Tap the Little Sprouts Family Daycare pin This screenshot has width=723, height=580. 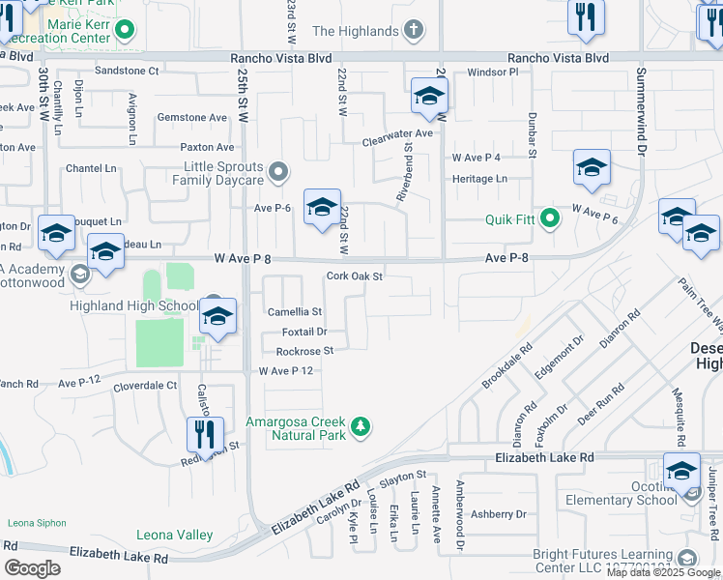coord(279,173)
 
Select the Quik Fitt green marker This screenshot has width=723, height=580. coord(550,218)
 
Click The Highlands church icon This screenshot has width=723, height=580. coord(414,31)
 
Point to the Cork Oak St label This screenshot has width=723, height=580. coord(355,276)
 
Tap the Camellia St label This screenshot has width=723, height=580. coord(294,312)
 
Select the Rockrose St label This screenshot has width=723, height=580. coord(304,351)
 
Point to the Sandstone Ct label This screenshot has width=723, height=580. coord(127,71)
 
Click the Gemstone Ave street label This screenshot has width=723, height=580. coord(193,117)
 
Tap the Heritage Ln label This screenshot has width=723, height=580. coord(479,179)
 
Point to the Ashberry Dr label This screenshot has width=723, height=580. coord(498,514)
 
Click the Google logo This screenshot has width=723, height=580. coord(33,567)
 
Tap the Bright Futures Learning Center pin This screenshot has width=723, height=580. coord(687,558)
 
